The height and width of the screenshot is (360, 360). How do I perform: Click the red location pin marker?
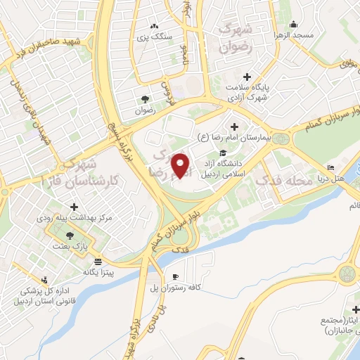181,165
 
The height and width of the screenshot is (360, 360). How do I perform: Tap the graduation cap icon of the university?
222,153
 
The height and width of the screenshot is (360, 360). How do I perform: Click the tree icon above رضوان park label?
144,98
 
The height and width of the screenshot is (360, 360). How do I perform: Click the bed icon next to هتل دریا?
330,167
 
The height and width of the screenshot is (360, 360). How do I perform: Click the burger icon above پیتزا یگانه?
105,260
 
